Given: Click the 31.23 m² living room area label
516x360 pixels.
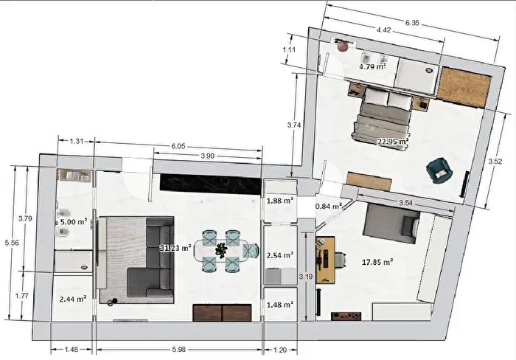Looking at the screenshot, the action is (x=175, y=248).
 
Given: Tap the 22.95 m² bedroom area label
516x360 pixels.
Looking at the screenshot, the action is (x=393, y=142).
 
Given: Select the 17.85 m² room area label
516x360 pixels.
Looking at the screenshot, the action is (x=377, y=262).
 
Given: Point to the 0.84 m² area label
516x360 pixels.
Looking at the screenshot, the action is (x=329, y=206).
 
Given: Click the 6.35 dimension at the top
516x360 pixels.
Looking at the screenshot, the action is (x=412, y=23).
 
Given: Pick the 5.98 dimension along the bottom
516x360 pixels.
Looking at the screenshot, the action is (x=179, y=350).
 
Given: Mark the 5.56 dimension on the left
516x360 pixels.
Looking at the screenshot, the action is (x=12, y=243).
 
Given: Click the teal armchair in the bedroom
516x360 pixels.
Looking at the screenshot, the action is (x=439, y=170).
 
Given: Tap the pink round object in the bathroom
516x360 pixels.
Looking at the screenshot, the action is (x=343, y=46).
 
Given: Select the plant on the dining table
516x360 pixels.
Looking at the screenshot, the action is (x=221, y=250).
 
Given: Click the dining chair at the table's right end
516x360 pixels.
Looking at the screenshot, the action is (x=251, y=251).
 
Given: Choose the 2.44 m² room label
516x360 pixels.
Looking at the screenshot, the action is (x=73, y=299).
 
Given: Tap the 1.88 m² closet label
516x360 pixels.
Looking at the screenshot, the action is (x=279, y=200).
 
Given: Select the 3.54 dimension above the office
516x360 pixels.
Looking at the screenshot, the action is (x=405, y=203).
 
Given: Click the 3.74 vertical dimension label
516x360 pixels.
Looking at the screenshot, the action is (x=294, y=125).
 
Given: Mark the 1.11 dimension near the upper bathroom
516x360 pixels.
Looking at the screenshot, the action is (x=289, y=49).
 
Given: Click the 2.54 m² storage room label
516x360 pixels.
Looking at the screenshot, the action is (x=279, y=255).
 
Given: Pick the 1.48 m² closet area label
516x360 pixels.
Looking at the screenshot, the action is (x=279, y=305).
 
